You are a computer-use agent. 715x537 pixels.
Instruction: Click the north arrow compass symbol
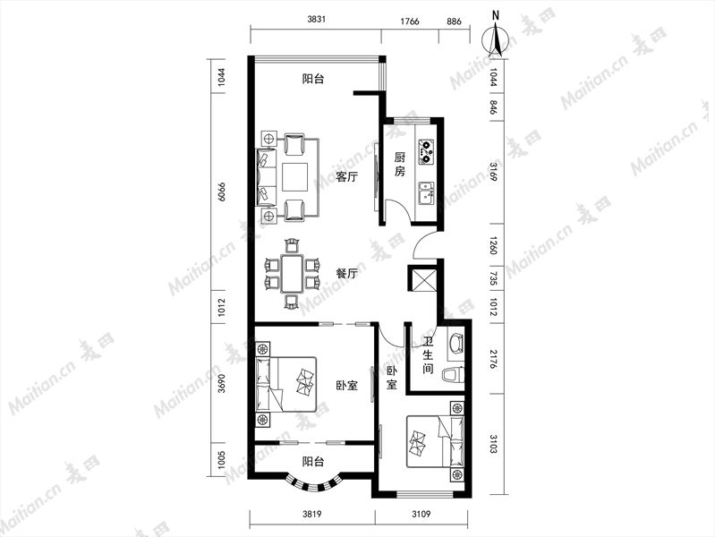[x=496, y=39]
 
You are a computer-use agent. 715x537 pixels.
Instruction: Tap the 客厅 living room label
[x=346, y=176]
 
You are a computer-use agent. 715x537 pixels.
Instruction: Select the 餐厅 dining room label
[x=346, y=274]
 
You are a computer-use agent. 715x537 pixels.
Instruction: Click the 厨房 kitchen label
[x=399, y=165]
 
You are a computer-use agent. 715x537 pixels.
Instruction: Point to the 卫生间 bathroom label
[x=427, y=355]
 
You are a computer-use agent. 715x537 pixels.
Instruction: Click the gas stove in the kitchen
[x=426, y=152]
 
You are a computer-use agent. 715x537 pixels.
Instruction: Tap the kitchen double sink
[x=426, y=194]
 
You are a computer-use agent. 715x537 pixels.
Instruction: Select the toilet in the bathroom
[x=455, y=375]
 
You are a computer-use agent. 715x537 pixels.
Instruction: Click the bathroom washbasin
[x=456, y=343]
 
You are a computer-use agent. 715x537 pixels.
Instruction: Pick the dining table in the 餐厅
[x=292, y=274]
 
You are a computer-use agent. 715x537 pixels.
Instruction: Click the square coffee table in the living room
[x=295, y=176]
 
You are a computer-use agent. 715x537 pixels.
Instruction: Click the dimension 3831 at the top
[x=317, y=20]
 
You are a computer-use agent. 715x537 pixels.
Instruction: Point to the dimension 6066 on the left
[x=222, y=192]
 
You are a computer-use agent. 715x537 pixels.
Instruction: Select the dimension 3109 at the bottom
[x=421, y=515]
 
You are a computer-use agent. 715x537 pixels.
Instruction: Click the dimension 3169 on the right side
[x=493, y=172]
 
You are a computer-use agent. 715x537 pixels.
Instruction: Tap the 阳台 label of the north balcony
[x=313, y=79]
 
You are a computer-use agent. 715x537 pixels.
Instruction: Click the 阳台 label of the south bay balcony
[x=313, y=462]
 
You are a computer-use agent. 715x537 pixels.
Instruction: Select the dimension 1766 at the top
[x=410, y=21]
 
